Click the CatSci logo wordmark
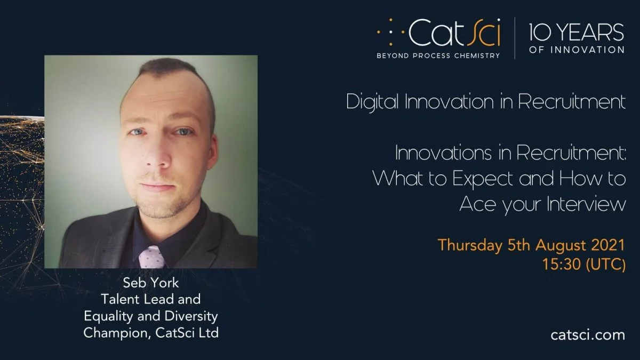(x=454, y=32)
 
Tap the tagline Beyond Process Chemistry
(x=438, y=55)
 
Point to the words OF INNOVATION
(x=577, y=50)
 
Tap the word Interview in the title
(x=586, y=204)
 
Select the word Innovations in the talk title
(x=443, y=153)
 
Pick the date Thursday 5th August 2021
(x=531, y=245)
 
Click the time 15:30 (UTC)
(x=584, y=264)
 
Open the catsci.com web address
(x=588, y=334)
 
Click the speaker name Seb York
(x=151, y=283)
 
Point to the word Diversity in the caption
(x=191, y=316)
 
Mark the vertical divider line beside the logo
(x=515, y=38)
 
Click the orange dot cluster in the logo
(x=391, y=32)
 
